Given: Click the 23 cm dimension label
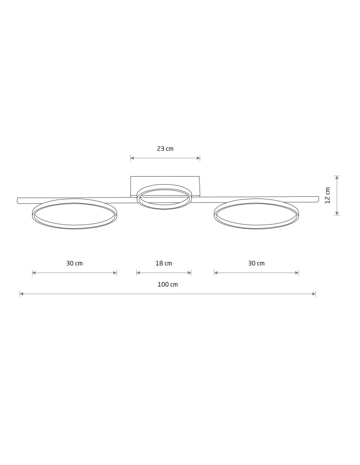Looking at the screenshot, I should pos(165,149).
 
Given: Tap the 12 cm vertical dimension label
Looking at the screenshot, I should pos(327,195).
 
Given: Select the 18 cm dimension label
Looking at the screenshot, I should pos(164,263).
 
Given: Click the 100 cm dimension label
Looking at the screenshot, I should pos(167,285).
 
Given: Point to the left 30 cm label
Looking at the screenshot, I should pos(74,263).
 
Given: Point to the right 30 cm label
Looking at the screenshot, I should pos(256,263).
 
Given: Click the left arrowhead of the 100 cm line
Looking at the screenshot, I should pos(21,294).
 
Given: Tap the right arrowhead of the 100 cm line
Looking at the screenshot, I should pos(314,294).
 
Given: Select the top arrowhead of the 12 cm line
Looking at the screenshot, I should pos(337,178).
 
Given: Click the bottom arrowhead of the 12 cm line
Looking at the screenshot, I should pos(337,213).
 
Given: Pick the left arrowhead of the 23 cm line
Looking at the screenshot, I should pos(132,158).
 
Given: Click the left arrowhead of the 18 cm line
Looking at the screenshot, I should pos(138,273).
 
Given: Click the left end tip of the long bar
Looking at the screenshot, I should pos(17,200).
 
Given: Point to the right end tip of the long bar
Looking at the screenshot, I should pos(319,199).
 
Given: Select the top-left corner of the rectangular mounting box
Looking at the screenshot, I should pos(131,176).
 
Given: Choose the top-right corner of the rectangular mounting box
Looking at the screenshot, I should pos(200,176).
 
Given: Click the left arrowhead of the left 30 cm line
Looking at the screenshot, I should pos(34,273).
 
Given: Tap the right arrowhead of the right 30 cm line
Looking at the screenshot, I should pos(297,273).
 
